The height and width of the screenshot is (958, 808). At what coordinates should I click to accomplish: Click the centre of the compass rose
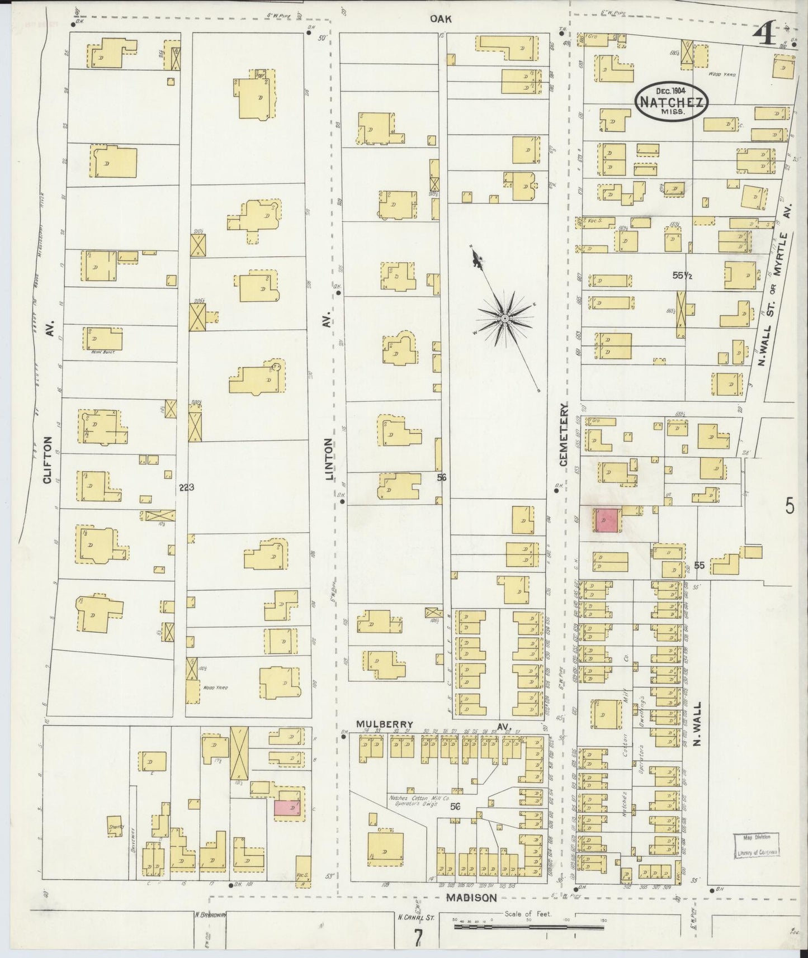coord(504,319)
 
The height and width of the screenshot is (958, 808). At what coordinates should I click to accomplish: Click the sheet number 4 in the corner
coord(763,36)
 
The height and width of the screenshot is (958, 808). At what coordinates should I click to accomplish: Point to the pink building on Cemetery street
coord(606,520)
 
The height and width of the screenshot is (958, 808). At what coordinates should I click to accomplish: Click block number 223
coord(186,487)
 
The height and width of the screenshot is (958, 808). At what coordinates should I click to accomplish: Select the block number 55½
coord(683,275)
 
